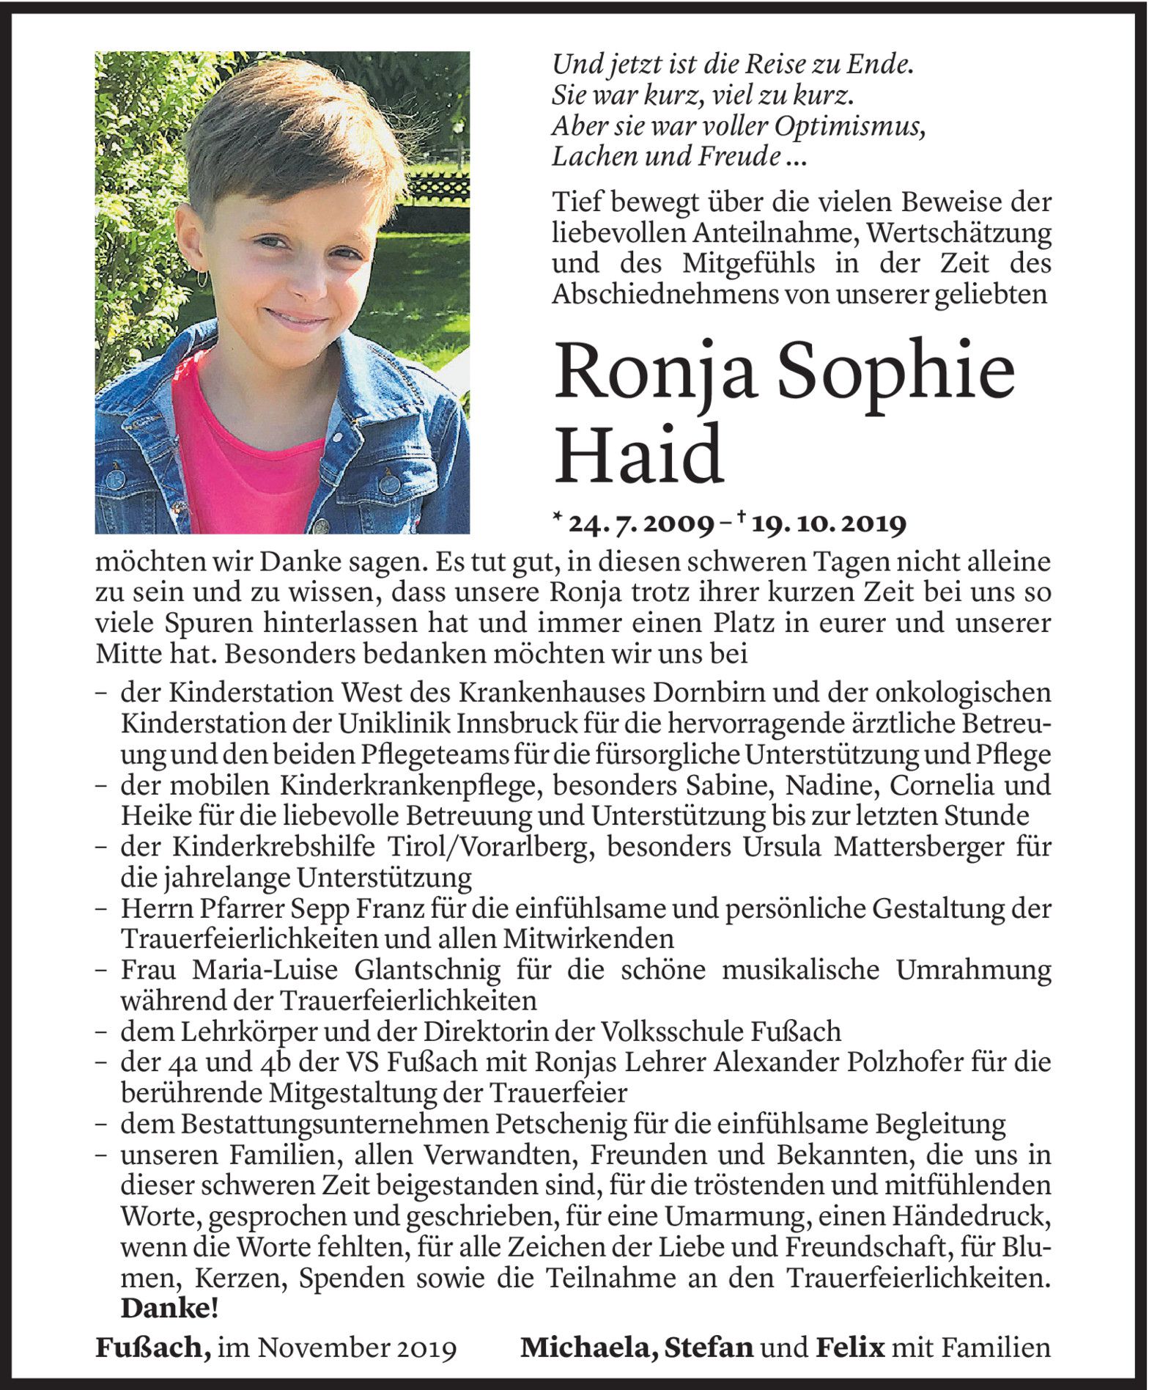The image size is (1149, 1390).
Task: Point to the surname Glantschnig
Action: (427, 970)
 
